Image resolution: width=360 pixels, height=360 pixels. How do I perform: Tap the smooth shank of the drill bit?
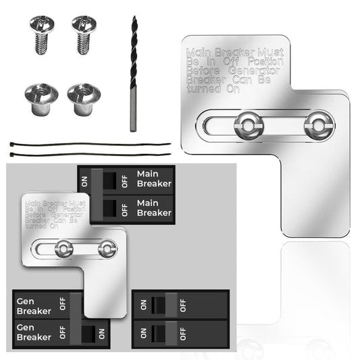pos(134,111)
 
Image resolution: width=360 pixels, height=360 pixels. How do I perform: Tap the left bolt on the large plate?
pos(247,124)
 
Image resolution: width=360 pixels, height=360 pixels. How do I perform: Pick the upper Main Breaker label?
pos(153,178)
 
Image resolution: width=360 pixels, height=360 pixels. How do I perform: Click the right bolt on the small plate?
pos(107,249)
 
